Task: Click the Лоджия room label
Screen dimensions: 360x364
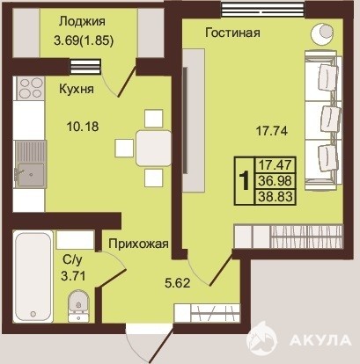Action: click(x=82, y=22)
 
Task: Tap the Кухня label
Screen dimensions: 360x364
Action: click(x=77, y=89)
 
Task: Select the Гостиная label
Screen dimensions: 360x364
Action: click(x=232, y=33)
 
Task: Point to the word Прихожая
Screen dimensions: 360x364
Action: click(x=138, y=244)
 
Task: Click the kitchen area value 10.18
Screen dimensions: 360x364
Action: click(x=83, y=127)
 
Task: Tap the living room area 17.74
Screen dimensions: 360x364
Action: click(x=272, y=131)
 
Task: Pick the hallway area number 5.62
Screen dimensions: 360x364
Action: click(x=178, y=283)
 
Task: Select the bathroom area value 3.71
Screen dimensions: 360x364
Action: click(x=73, y=276)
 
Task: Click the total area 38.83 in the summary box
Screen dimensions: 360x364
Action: click(x=276, y=197)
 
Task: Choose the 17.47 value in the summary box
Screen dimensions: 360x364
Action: click(x=276, y=164)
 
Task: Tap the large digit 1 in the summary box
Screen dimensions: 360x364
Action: click(x=244, y=181)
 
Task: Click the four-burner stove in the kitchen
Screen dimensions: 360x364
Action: click(x=30, y=88)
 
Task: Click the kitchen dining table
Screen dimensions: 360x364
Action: click(x=153, y=149)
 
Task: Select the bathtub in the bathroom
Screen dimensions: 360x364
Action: click(x=33, y=277)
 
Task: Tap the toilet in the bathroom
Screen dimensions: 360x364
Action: click(x=78, y=306)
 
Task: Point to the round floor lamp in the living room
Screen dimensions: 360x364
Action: click(x=323, y=34)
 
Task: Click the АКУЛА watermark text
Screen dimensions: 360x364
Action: click(x=320, y=340)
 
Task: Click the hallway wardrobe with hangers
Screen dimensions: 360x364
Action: click(x=207, y=313)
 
